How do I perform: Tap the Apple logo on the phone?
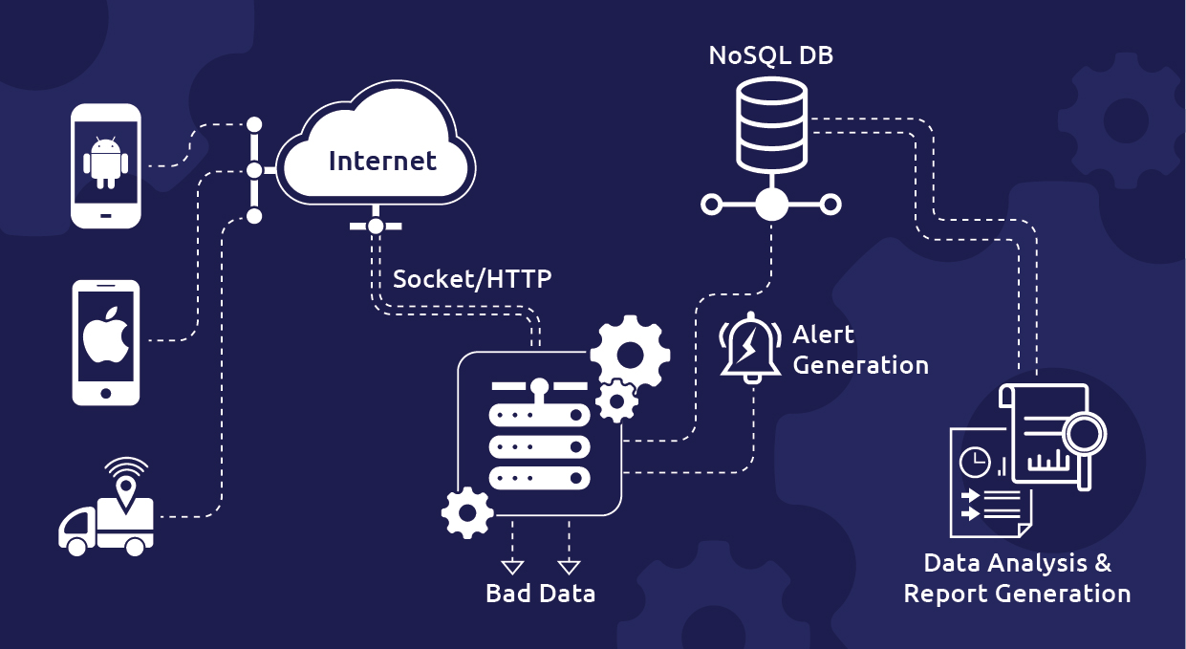coord(106,335)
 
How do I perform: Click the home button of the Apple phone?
coord(106,392)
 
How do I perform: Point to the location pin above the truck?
coord(126,490)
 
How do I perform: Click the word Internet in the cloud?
coord(382,161)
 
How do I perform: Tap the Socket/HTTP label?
coord(472,279)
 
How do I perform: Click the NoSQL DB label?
coord(770,55)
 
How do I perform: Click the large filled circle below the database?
coord(771,204)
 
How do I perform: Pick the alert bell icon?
coord(750,346)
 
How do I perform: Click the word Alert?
coord(824,335)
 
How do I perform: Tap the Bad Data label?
coord(540,594)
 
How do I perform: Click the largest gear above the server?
coord(630,355)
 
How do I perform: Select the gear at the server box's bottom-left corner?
coord(467,513)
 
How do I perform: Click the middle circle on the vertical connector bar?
coord(254,170)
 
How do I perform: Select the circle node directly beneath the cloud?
coord(376,227)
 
